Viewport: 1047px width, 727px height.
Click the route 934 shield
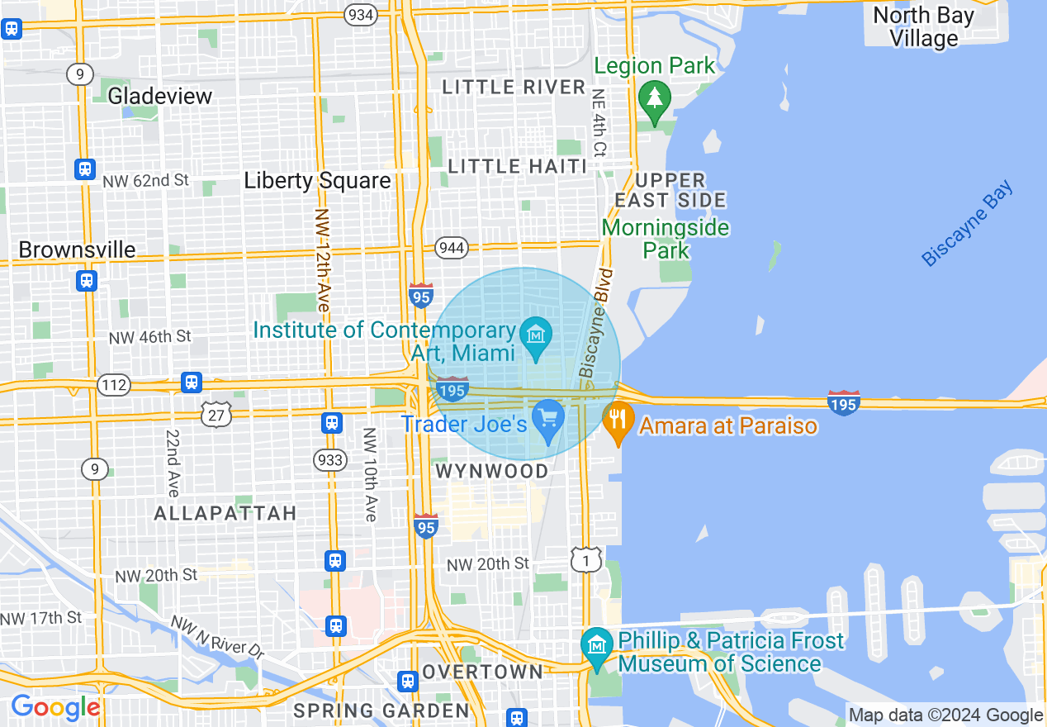pos(360,15)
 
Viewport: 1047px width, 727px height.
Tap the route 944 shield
pos(452,247)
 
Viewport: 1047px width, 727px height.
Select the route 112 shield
pos(113,383)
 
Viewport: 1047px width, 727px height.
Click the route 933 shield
pos(330,459)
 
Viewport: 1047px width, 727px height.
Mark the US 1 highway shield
pos(585,559)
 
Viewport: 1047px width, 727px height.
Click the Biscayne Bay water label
pos(967,224)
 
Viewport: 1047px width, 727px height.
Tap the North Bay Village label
pos(923,26)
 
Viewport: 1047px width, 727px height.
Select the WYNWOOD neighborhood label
pos(491,471)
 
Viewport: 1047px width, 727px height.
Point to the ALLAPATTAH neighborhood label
pos(225,513)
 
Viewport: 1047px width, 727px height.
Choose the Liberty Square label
pos(317,181)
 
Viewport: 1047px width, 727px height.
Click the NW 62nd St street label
pos(146,179)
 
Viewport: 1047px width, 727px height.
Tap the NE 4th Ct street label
pos(599,123)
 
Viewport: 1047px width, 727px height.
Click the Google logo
pos(55,708)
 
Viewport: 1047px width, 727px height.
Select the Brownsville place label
pos(77,249)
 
